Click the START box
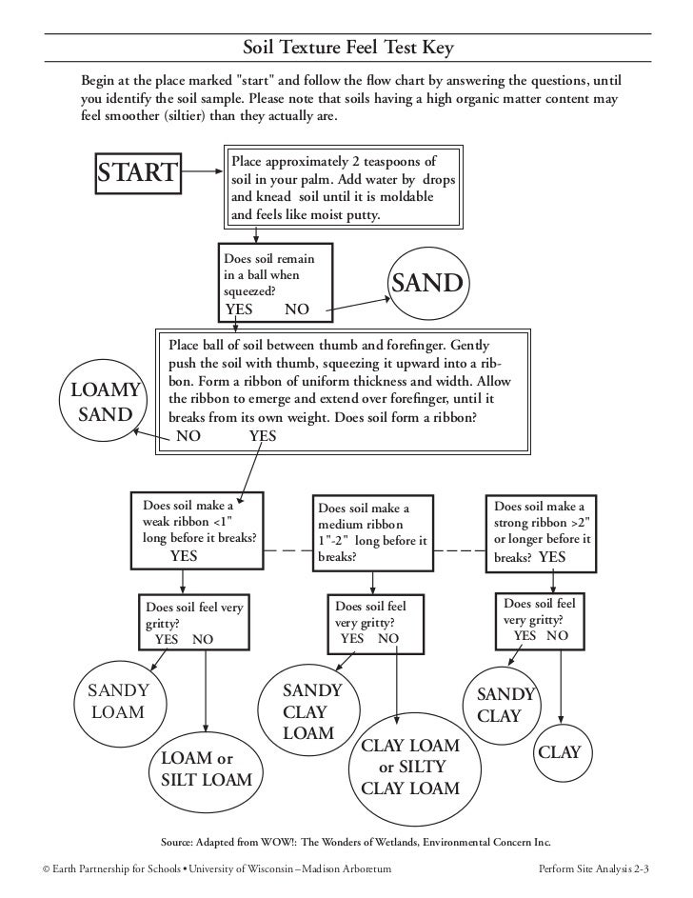click(139, 172)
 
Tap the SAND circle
click(426, 284)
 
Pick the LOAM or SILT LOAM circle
click(206, 769)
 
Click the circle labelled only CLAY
click(559, 752)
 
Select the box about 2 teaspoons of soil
click(343, 188)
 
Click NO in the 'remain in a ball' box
click(296, 309)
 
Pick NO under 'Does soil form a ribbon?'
click(189, 436)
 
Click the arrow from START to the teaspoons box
click(203, 172)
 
